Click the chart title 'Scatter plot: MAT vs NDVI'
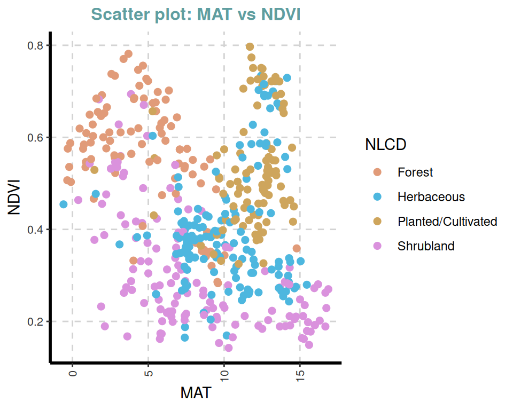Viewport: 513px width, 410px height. coord(196,14)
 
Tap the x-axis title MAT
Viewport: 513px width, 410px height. coord(196,393)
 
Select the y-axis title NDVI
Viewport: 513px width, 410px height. coord(14,198)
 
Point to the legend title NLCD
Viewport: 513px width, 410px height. coord(385,144)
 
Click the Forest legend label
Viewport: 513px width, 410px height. coord(415,172)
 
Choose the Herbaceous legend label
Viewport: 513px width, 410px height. coord(431,197)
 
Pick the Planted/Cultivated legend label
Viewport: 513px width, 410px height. coord(447,222)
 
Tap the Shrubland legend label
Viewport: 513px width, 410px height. coord(426,246)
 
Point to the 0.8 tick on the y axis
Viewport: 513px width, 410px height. coord(35,45)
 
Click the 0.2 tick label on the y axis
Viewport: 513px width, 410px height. coord(35,321)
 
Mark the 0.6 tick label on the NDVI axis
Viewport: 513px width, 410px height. coord(35,137)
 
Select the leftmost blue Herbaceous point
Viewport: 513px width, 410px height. coord(64,204)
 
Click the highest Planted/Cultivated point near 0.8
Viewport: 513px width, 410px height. coord(250,47)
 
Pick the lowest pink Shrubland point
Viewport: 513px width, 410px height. coord(228,348)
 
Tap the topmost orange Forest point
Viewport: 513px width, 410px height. coord(128,54)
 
